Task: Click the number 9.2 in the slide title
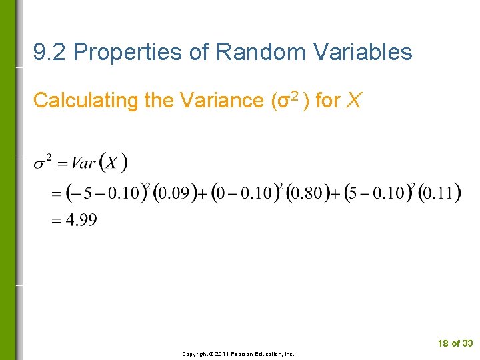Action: [x=50, y=52]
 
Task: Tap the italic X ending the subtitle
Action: [x=355, y=101]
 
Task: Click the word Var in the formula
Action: [x=83, y=163]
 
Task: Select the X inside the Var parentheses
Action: [x=113, y=163]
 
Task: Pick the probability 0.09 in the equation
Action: [x=173, y=193]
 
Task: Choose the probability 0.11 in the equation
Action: [x=440, y=193]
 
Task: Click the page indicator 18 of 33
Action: [x=455, y=343]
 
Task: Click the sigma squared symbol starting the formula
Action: [x=43, y=162]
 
